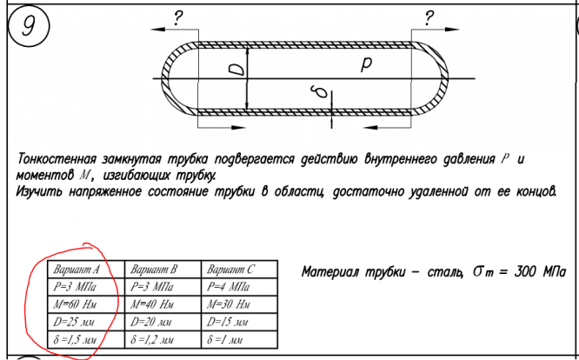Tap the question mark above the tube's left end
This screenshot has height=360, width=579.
click(178, 17)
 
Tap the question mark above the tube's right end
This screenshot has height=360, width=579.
click(429, 17)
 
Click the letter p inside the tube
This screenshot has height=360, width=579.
click(367, 64)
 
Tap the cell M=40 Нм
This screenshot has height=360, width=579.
click(154, 303)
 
